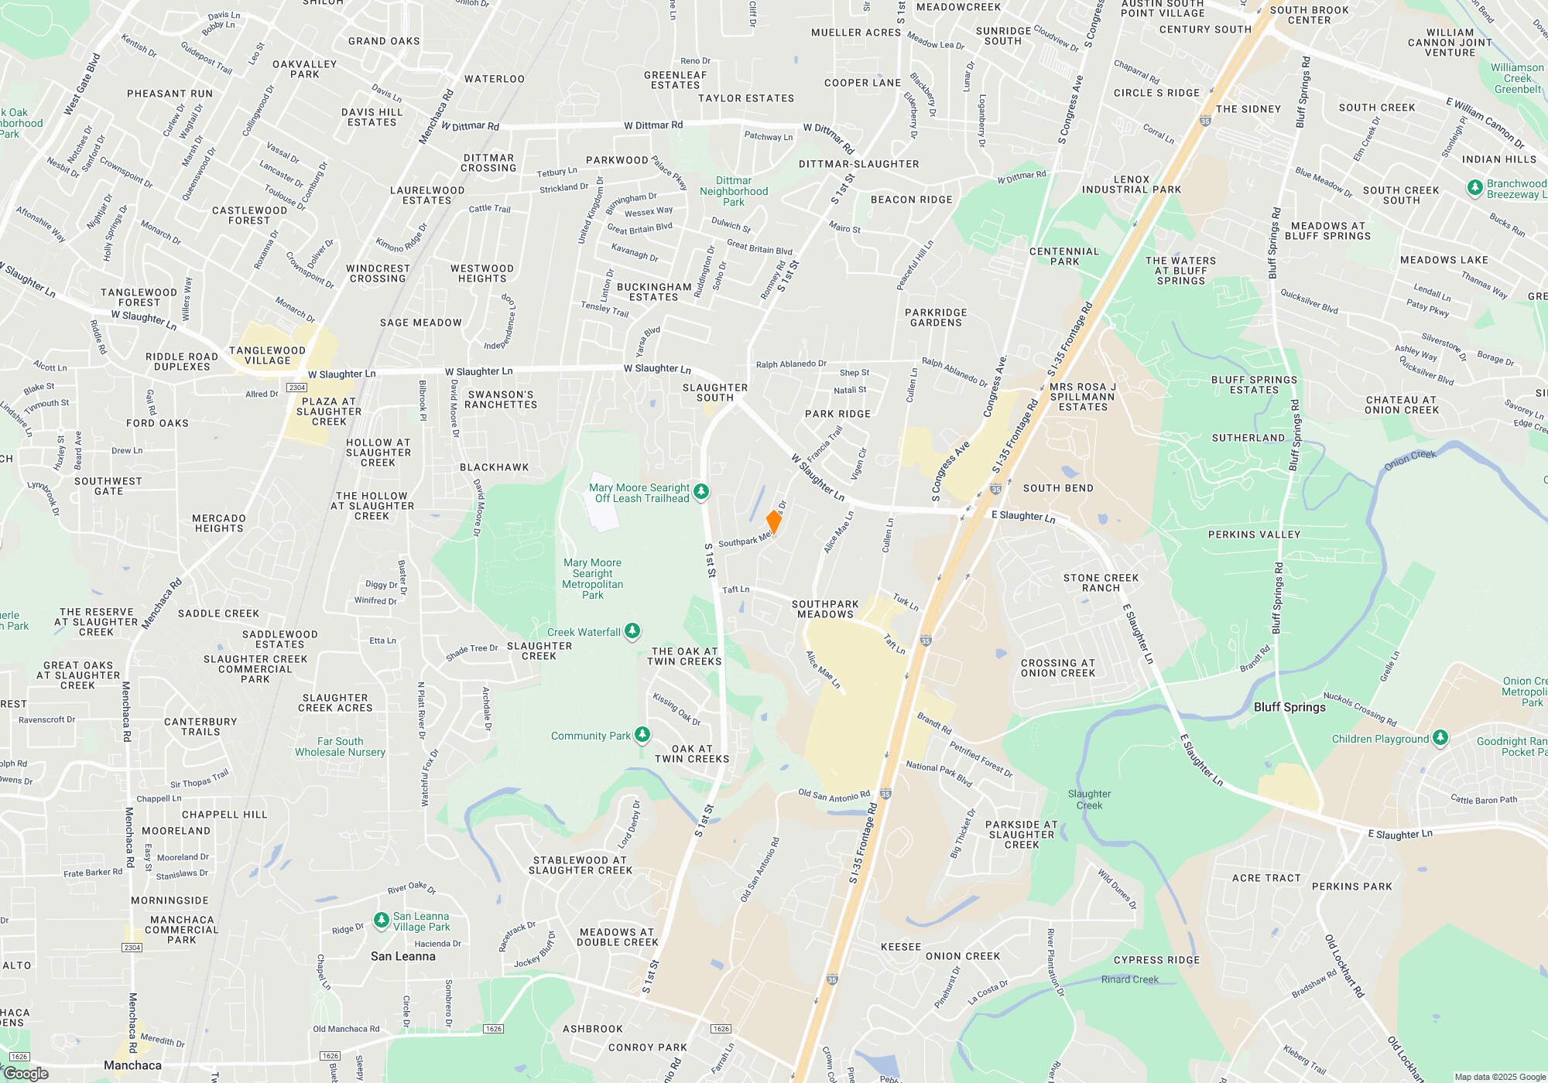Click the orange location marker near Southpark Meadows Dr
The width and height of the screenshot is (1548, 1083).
[x=773, y=522]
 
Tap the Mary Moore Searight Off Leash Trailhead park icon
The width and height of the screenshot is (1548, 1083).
[x=701, y=491]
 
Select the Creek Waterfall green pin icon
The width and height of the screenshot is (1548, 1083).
[x=632, y=631]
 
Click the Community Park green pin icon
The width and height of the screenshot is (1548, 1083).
[x=642, y=734]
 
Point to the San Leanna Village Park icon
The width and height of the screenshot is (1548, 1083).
[x=381, y=921]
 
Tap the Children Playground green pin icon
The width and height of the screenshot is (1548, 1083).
[x=1440, y=738]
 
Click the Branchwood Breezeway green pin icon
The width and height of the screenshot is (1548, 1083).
[x=1475, y=187]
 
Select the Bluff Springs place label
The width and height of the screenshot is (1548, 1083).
[x=1289, y=707]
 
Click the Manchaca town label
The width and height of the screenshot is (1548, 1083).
[x=132, y=1065]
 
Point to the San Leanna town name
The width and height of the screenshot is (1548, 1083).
[x=402, y=956]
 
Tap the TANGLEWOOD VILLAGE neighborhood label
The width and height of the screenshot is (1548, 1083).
[x=267, y=355]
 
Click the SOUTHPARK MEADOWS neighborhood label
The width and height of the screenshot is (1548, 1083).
[x=825, y=609]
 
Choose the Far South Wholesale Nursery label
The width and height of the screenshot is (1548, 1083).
[x=340, y=746]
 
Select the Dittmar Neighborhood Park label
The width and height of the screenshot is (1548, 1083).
[x=734, y=191]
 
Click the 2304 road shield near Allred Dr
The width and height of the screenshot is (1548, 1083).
[x=297, y=387]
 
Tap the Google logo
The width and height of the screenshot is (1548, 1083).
[x=26, y=1073]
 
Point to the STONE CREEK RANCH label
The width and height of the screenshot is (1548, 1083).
[x=1101, y=582]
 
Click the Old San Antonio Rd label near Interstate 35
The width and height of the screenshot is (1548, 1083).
[x=834, y=795]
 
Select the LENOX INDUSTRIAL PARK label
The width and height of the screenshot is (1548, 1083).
[x=1132, y=184]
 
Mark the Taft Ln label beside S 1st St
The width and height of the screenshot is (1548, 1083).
[x=735, y=589]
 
